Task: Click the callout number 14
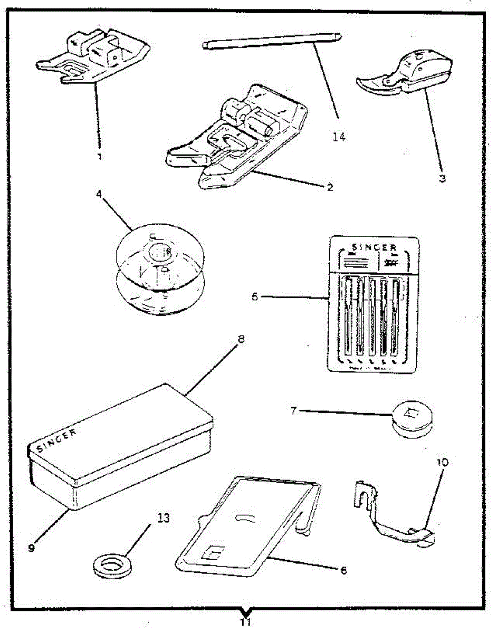[x=339, y=137]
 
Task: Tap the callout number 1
[x=99, y=157]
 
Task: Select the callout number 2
[x=329, y=187]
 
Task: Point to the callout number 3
[x=442, y=179]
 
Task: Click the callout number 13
[x=164, y=517]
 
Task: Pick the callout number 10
[x=442, y=462]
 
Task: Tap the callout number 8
[x=241, y=340]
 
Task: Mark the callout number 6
[x=343, y=570]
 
